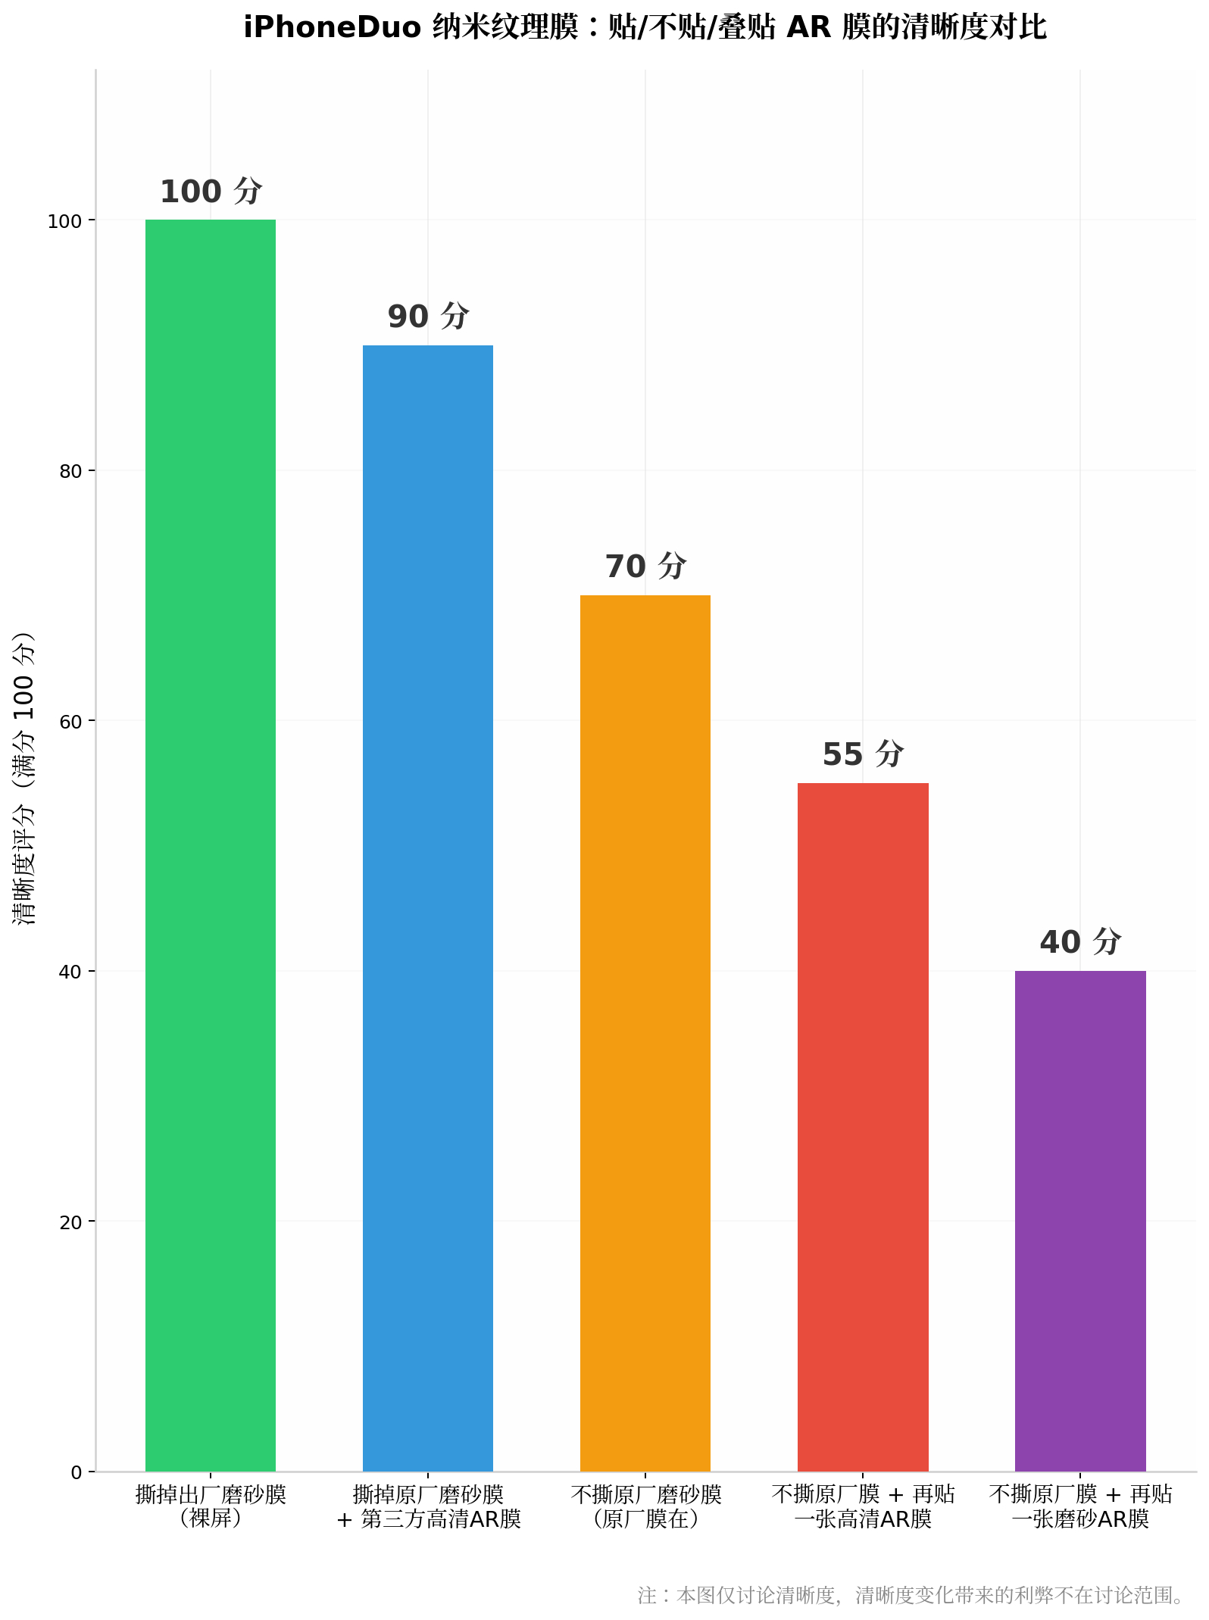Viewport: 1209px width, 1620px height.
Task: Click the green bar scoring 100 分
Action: (x=211, y=845)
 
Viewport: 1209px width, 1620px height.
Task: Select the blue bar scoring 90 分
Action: (x=428, y=908)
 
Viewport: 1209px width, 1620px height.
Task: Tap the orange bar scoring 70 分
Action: (x=645, y=1033)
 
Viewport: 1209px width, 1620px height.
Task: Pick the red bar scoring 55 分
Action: (x=863, y=1127)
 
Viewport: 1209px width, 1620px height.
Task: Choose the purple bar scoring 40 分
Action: (x=1080, y=1221)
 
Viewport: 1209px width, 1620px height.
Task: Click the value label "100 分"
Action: (x=211, y=192)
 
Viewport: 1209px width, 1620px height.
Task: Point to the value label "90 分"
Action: (x=429, y=317)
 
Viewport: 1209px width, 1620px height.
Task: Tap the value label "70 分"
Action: (x=646, y=567)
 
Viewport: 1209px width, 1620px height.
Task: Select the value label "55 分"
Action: (x=864, y=754)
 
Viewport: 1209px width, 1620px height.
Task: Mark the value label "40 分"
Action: (x=1081, y=942)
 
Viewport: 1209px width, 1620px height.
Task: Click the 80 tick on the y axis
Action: (x=70, y=471)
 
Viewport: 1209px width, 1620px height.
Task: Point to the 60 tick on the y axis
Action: (x=70, y=721)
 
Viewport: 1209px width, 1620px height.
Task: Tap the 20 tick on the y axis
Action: (x=70, y=1222)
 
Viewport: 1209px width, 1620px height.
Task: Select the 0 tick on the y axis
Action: (x=77, y=1472)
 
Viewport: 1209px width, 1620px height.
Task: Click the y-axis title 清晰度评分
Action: (x=24, y=865)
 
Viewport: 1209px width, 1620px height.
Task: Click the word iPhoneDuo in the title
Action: (x=333, y=28)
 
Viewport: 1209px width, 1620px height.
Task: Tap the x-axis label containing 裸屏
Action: (x=211, y=1506)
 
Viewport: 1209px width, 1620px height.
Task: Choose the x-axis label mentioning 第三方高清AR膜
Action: (x=429, y=1506)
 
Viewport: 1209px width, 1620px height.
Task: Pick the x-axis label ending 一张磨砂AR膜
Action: (x=1081, y=1506)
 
